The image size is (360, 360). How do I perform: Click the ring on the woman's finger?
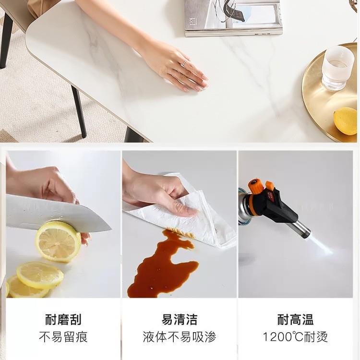184,63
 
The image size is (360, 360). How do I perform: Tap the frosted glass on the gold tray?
337,68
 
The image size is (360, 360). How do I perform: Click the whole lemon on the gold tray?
346,120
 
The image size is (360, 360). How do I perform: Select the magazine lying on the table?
234,18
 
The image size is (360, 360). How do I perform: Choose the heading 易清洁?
180,319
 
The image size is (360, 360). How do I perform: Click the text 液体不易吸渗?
180,337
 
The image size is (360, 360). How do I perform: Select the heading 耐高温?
296,319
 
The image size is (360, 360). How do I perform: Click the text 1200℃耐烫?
296,337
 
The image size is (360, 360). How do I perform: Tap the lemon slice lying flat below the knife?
40,275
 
